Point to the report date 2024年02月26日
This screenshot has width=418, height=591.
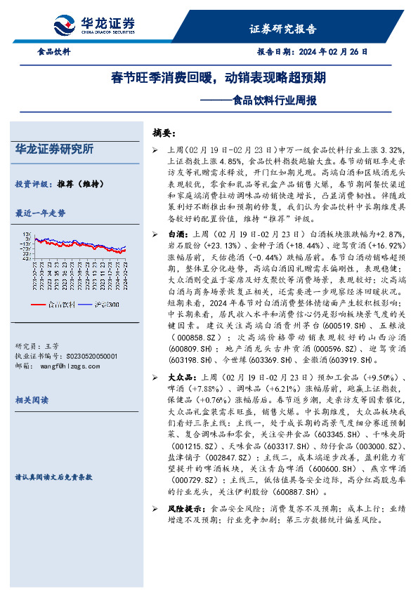point(334,52)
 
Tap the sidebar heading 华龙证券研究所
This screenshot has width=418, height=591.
point(54,149)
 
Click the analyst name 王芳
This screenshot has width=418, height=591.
point(52,346)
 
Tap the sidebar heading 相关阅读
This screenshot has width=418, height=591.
point(32,399)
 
